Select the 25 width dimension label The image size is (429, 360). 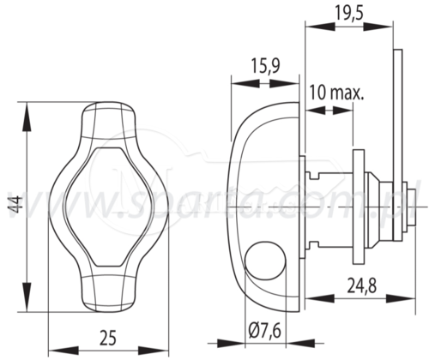(108, 338)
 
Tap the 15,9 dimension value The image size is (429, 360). (265, 66)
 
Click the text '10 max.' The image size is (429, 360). (337, 93)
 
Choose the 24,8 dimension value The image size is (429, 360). (362, 285)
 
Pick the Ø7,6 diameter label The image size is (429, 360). (265, 331)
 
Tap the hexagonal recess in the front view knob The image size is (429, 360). (108, 207)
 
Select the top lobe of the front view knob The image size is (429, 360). (108, 120)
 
